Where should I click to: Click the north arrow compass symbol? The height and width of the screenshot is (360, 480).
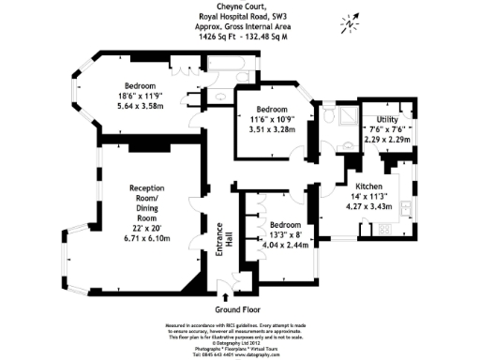[x=348, y=19]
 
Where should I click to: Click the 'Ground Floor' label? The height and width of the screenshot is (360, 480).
[x=238, y=309]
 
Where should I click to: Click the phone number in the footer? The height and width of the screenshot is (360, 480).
[x=226, y=354]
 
